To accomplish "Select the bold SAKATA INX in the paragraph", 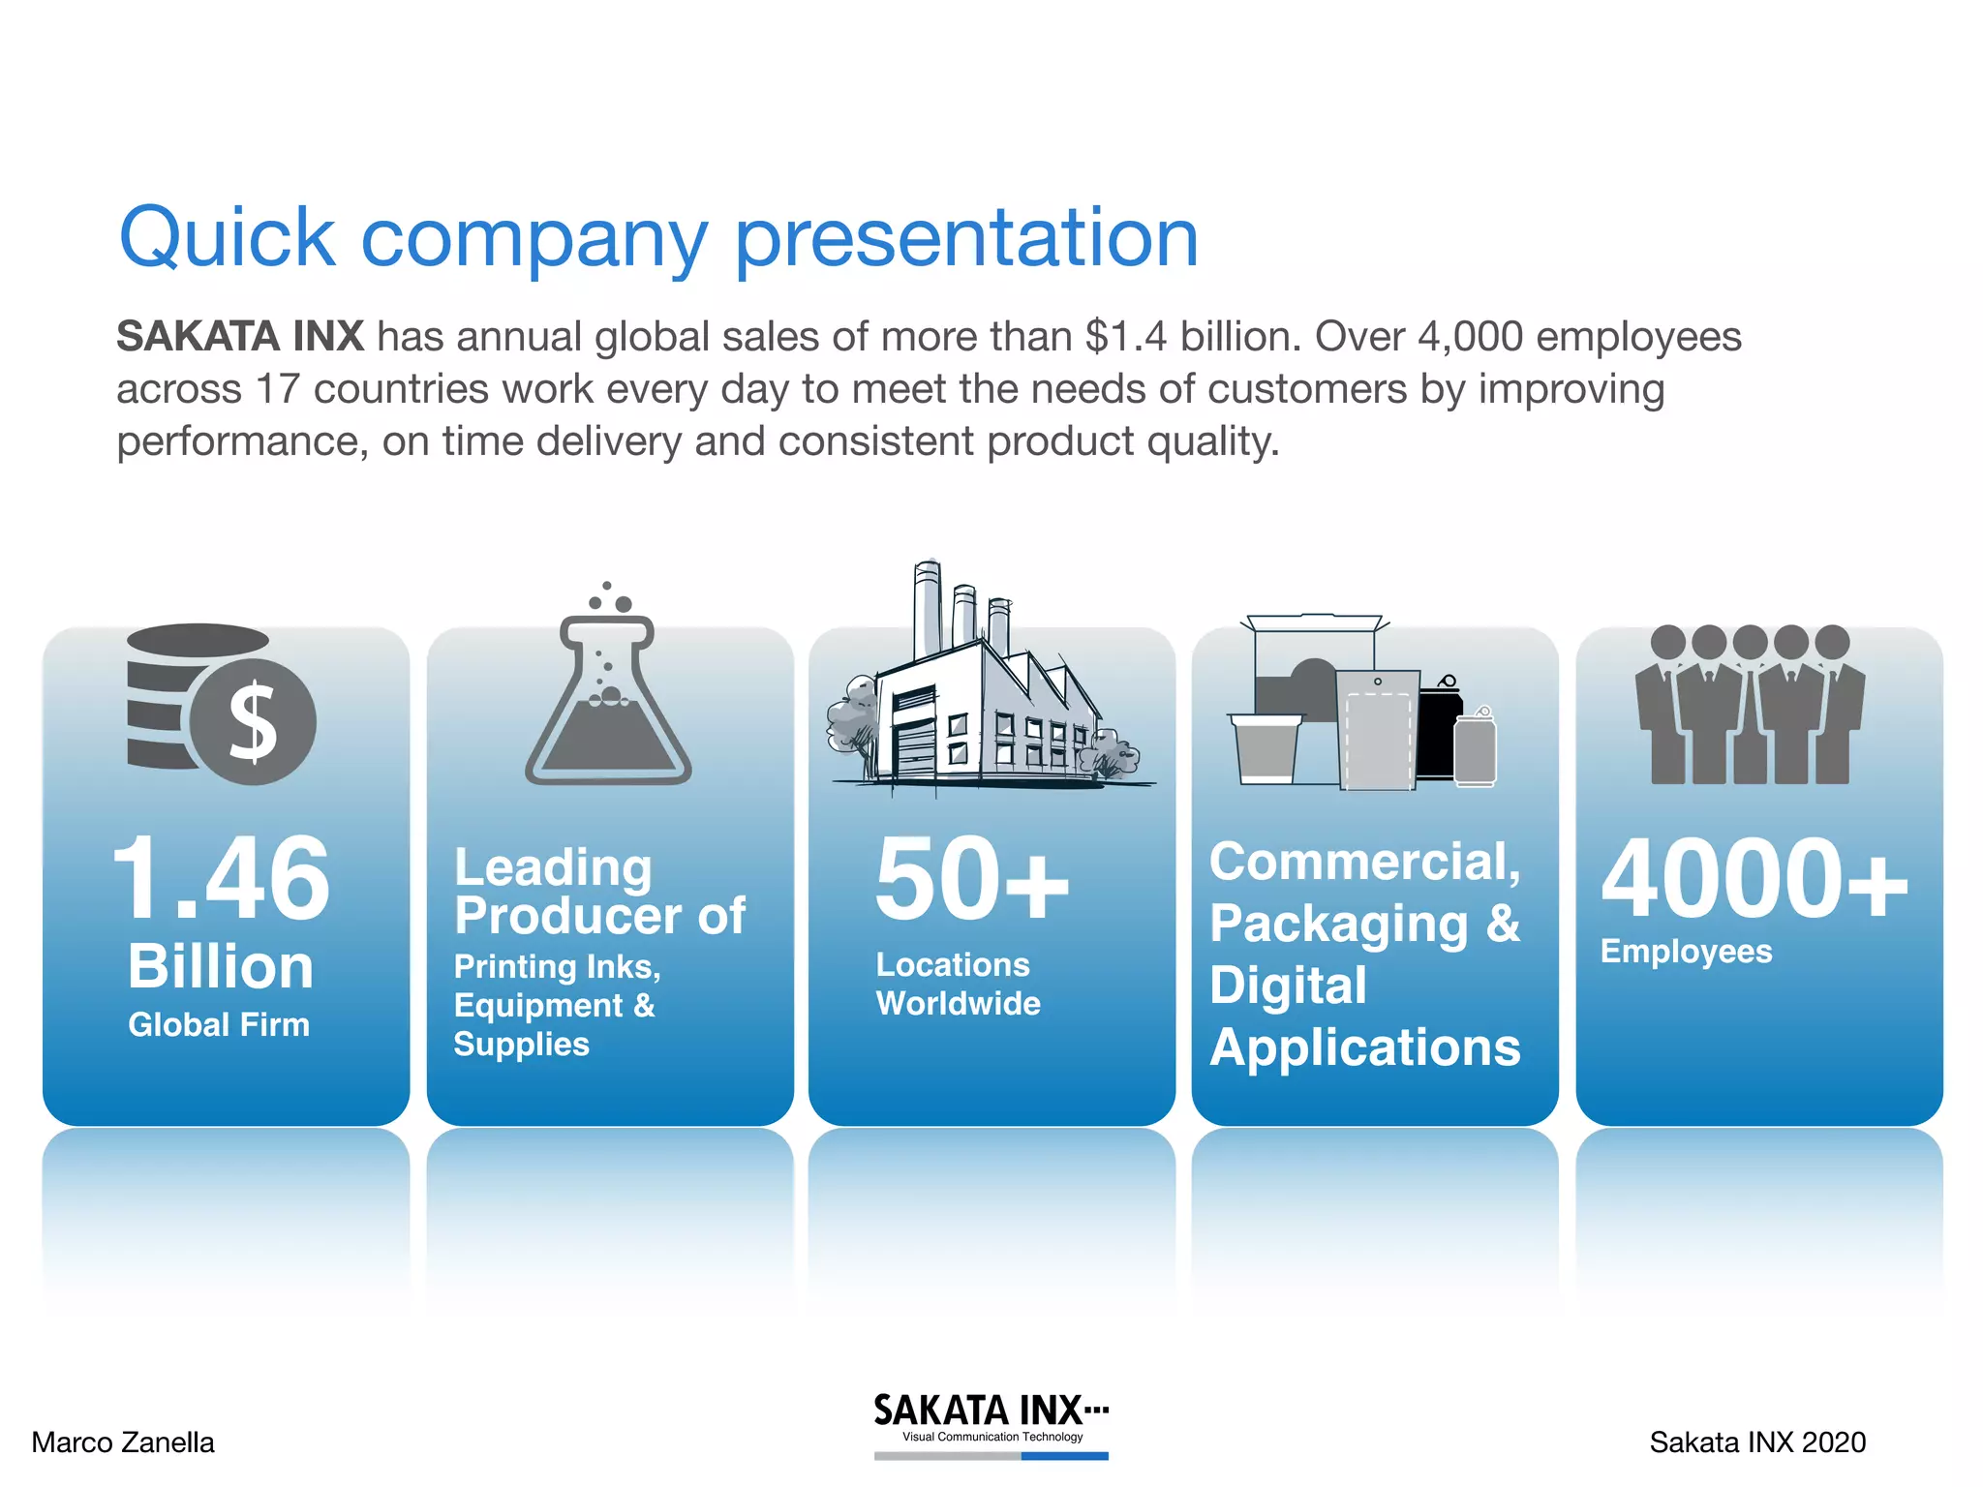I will (240, 337).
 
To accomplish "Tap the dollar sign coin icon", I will (253, 722).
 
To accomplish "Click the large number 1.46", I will (222, 879).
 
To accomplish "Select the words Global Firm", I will (219, 1024).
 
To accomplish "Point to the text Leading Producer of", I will (599, 891).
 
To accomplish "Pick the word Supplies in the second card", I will (521, 1045).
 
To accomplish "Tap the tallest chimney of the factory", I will (927, 610).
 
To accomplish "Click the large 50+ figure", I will (971, 879).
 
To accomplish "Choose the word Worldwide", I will (958, 1004).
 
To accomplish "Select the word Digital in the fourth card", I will (1288, 986).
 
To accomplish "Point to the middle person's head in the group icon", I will (1750, 642).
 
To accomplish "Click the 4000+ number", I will (1754, 879).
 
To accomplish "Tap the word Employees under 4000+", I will (1686, 952).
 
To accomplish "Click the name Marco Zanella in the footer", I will (123, 1442).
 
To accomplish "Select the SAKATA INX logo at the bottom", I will (991, 1419).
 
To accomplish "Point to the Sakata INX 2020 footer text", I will (1757, 1442).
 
